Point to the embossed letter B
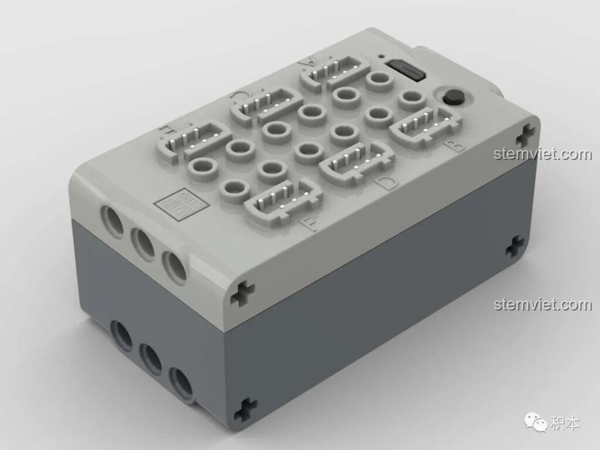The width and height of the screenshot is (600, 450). click(x=456, y=145)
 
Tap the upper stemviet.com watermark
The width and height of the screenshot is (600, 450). click(x=543, y=155)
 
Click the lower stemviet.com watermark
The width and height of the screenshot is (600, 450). click(x=543, y=305)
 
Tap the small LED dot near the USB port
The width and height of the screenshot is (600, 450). click(x=382, y=57)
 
